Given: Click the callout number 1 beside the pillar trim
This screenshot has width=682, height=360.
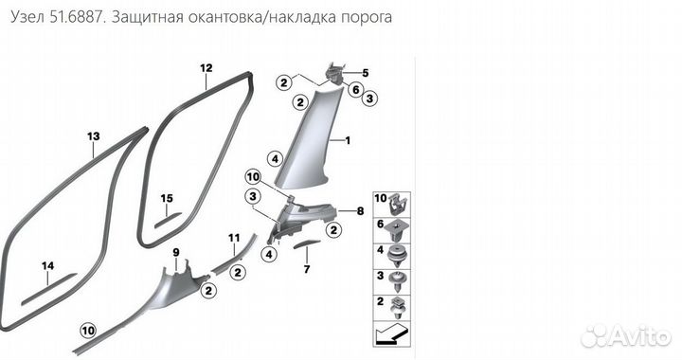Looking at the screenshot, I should click(347, 140).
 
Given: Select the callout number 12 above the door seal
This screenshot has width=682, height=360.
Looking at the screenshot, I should click(206, 68).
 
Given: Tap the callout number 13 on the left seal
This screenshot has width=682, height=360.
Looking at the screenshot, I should click(93, 136).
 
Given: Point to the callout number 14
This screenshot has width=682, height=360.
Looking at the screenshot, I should click(47, 266).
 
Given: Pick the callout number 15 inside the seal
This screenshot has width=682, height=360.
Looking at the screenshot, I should click(167, 198).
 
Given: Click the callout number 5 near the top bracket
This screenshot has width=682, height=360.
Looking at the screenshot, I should click(365, 73).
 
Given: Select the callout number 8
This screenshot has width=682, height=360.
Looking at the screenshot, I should click(360, 212).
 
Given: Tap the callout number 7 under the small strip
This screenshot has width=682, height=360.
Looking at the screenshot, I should click(306, 270).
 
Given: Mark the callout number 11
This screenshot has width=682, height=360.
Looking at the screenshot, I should click(234, 237).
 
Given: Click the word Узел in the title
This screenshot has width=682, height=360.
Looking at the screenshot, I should click(28, 18).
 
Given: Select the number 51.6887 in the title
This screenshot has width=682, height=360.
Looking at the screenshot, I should click(84, 18).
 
